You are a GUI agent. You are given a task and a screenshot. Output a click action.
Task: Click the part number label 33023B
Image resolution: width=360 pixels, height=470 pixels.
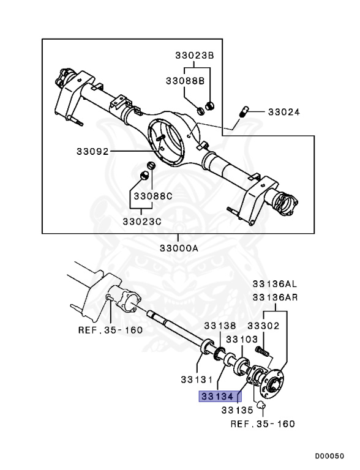point(191,55)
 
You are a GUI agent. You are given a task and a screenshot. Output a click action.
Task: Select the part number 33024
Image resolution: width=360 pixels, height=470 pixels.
point(284,112)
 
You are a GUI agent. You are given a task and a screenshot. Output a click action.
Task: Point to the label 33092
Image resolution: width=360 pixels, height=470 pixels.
point(92,151)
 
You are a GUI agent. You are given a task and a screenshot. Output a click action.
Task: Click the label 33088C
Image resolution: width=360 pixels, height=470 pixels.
point(153,196)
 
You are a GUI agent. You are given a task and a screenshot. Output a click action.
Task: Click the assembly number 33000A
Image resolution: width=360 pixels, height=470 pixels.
point(179,248)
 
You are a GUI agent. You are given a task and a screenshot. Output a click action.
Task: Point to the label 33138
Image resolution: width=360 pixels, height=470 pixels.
point(220,327)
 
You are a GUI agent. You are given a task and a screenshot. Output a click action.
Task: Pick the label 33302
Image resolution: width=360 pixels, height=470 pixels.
point(263,327)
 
